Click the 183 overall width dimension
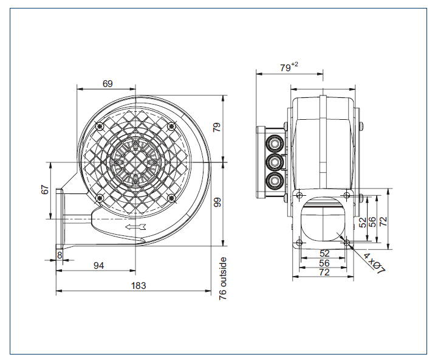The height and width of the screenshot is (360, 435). click(x=139, y=286)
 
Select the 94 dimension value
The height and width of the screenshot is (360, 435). click(x=98, y=266)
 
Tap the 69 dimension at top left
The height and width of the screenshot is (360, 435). click(x=108, y=83)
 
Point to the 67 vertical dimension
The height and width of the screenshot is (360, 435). click(x=45, y=190)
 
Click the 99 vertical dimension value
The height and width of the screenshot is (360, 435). click(x=217, y=202)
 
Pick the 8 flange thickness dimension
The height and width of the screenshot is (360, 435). click(x=60, y=255)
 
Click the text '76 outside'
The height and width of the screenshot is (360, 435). click(x=223, y=279)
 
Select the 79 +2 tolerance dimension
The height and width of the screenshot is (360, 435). click(x=289, y=67)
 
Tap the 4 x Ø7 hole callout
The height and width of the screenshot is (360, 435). click(x=374, y=263)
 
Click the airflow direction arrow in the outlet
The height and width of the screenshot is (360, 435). click(x=135, y=227)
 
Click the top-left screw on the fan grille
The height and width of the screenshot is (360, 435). click(x=100, y=126)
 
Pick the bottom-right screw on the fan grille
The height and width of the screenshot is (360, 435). click(x=172, y=198)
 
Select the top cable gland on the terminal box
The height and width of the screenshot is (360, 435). click(x=275, y=144)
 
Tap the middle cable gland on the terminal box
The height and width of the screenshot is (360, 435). click(x=275, y=162)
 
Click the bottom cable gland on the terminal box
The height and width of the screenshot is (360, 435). click(x=275, y=180)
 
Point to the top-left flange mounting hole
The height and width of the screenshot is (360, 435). click(x=299, y=195)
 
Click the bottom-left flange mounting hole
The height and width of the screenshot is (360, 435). click(x=299, y=243)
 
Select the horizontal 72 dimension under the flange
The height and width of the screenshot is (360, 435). click(x=324, y=272)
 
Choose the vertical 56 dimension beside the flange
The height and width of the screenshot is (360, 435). click(x=372, y=222)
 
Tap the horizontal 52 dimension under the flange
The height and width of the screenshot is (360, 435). click(x=324, y=254)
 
